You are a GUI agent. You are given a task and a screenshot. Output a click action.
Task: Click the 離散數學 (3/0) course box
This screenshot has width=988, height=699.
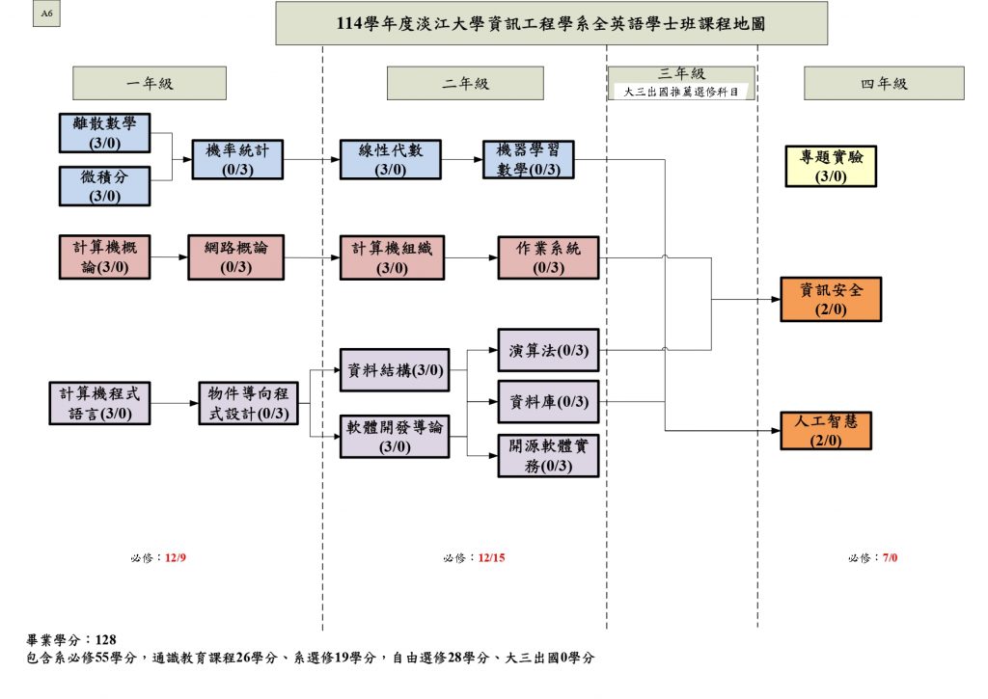coord(104,133)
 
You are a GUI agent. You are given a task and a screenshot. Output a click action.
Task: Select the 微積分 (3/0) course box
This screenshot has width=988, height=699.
coord(104,186)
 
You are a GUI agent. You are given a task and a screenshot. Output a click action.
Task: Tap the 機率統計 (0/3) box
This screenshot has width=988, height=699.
coord(237,160)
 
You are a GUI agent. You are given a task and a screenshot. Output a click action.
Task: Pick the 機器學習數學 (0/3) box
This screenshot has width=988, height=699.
coord(529,160)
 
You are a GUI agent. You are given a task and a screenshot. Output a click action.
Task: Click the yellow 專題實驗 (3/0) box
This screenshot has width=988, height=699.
coord(831,166)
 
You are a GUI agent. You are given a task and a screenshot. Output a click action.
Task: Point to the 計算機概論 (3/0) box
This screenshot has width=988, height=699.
coord(104,257)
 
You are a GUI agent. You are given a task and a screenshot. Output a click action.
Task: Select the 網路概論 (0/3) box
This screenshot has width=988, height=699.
coord(236,257)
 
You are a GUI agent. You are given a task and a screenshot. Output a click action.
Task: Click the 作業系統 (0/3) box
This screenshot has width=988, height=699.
coord(548,257)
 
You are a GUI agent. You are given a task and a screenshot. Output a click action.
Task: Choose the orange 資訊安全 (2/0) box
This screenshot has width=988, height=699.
coord(831,299)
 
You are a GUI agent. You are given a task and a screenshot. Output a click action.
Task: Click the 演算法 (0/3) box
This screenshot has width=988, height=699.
coord(548,351)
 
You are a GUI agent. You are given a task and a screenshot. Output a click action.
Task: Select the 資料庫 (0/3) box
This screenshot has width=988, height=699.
coord(548,402)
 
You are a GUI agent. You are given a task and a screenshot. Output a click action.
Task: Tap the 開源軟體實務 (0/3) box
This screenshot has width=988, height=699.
coord(548,455)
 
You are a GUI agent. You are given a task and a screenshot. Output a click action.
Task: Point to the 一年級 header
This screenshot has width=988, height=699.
coord(150,84)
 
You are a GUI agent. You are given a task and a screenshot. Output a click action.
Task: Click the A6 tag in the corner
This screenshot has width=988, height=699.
coord(46,15)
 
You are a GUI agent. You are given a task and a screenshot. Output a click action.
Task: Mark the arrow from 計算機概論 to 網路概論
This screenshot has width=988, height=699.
coord(171,257)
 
